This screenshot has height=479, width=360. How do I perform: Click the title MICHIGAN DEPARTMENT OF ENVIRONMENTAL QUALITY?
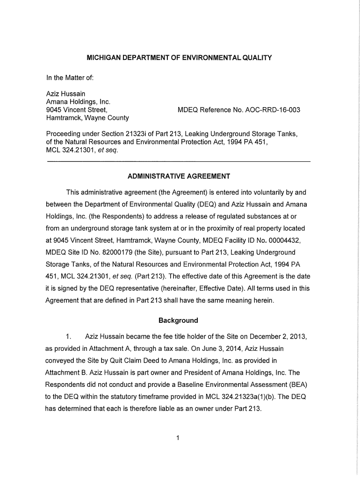(x=180, y=58)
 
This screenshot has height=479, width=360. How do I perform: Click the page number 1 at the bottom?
(x=179, y=438)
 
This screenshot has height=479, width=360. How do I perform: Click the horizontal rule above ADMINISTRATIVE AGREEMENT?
(x=179, y=162)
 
